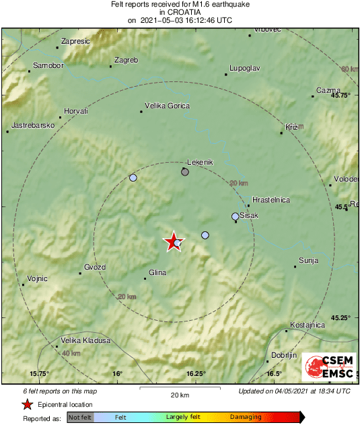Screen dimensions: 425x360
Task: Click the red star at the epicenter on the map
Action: tap(174, 241)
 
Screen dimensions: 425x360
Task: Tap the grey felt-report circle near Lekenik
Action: tap(185, 172)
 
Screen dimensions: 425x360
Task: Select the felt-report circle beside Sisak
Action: tap(235, 217)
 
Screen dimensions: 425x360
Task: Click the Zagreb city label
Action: tap(127, 61)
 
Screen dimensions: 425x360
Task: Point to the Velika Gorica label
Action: tap(168, 106)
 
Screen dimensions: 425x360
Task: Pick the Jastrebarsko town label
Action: tap(33, 126)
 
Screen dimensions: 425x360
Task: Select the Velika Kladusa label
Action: tap(85, 340)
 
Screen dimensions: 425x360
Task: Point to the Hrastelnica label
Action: tap(271, 200)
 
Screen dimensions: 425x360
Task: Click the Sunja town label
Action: tap(308, 260)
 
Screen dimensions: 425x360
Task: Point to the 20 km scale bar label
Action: tap(180, 395)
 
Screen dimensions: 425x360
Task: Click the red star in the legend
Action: tap(27, 404)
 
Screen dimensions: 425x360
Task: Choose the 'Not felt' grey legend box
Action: tap(80, 417)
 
